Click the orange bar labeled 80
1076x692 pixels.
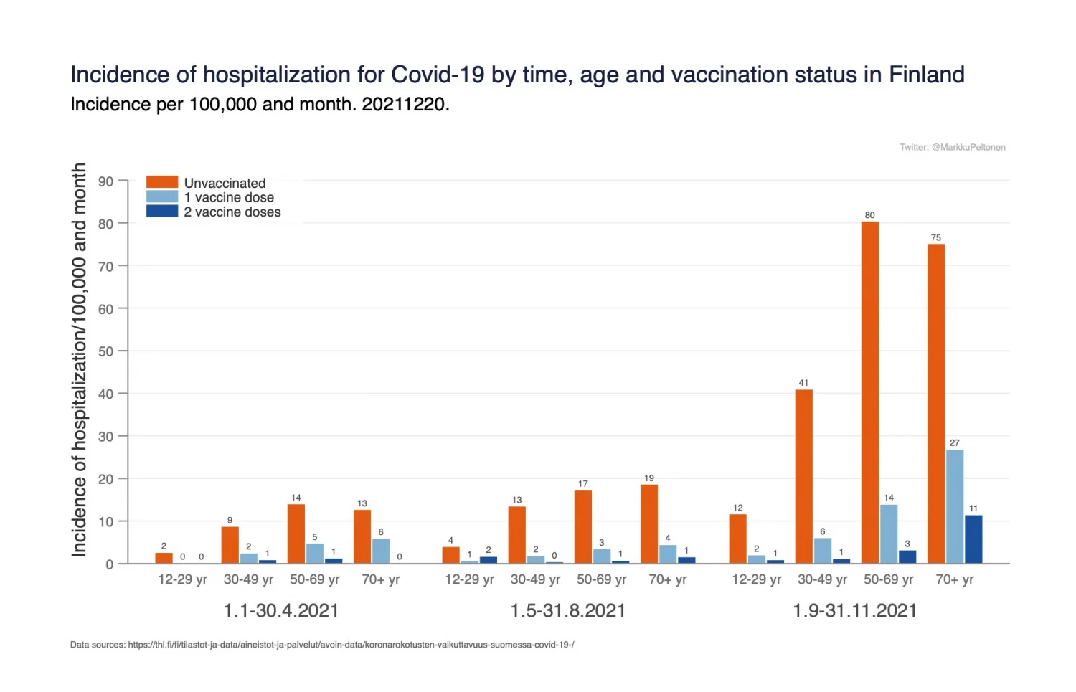[x=869, y=392]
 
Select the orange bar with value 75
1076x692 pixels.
[x=935, y=404]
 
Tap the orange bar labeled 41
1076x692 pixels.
[x=803, y=476]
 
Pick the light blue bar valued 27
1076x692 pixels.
[x=954, y=506]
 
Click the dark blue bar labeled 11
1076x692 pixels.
[x=973, y=539]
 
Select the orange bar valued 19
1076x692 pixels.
[x=648, y=523]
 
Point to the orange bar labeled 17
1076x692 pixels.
[x=582, y=526]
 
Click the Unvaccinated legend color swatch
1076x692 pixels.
[x=162, y=182]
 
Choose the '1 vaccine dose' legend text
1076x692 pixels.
[x=229, y=197]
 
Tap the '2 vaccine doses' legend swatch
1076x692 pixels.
[x=162, y=212]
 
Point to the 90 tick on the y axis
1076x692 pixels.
[x=106, y=181]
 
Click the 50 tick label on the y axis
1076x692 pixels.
[x=106, y=351]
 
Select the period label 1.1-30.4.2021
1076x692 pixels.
[x=280, y=610]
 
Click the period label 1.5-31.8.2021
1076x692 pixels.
[x=567, y=610]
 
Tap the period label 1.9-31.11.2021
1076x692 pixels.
[x=854, y=610]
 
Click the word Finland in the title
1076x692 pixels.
[x=926, y=75]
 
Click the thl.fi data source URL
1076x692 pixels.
[x=351, y=645]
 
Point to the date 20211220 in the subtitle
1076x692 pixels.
[x=403, y=105]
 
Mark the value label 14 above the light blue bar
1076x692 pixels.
[x=889, y=498]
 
